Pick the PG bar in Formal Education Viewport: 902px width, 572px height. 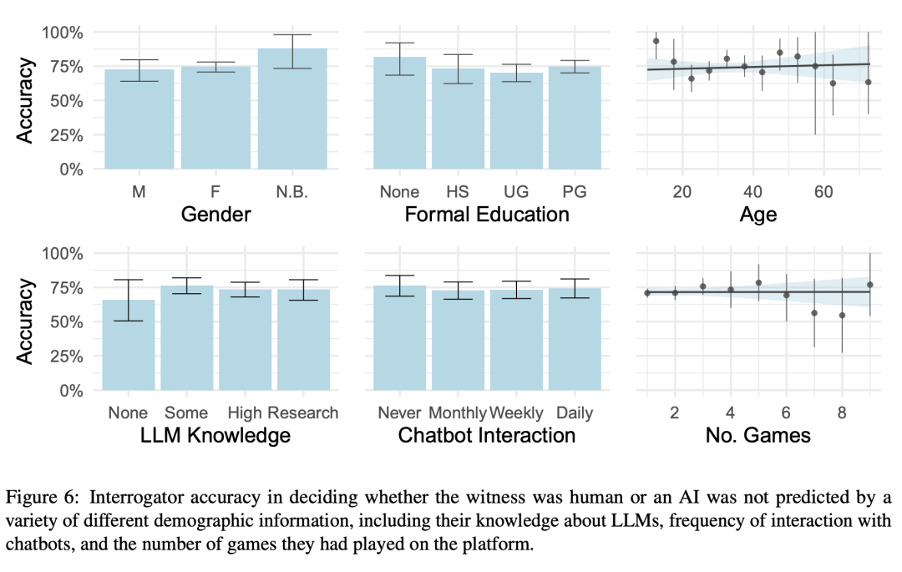(575, 117)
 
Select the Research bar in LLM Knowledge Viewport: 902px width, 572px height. (303, 339)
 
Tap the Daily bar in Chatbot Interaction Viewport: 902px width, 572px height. (575, 338)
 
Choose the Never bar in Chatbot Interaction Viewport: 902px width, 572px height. (399, 337)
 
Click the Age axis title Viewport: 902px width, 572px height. (758, 215)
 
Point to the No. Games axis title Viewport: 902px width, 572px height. (758, 435)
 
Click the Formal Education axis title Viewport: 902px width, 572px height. (487, 215)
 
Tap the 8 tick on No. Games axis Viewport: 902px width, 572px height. (842, 413)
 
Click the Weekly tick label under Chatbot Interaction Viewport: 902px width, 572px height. (516, 413)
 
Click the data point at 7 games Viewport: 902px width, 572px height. (814, 313)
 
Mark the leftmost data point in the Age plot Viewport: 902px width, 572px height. (656, 41)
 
